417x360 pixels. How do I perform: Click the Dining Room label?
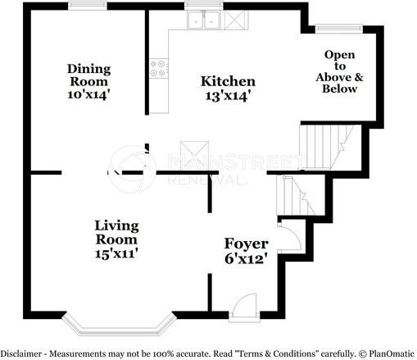point(88,75)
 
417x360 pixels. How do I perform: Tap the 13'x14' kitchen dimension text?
point(228,96)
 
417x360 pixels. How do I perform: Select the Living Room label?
point(116,233)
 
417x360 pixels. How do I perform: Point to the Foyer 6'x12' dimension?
point(246,258)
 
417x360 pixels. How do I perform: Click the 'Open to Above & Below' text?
point(339,72)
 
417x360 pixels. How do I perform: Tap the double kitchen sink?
point(203,20)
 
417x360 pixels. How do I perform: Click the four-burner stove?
point(159,68)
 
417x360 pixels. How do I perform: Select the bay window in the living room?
point(119,326)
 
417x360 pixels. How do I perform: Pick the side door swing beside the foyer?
point(289,236)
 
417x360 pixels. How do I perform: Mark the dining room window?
point(88,6)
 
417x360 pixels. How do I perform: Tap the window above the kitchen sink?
point(204,6)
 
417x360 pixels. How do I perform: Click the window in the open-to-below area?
point(339,29)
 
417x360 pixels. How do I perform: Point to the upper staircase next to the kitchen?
point(326,147)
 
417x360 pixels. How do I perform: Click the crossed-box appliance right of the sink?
point(236,20)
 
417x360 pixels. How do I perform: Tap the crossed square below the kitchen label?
point(194,156)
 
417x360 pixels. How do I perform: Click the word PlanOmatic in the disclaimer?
point(392,353)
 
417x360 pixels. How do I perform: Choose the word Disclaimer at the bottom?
point(21,353)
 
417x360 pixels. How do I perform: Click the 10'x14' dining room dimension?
point(88,94)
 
